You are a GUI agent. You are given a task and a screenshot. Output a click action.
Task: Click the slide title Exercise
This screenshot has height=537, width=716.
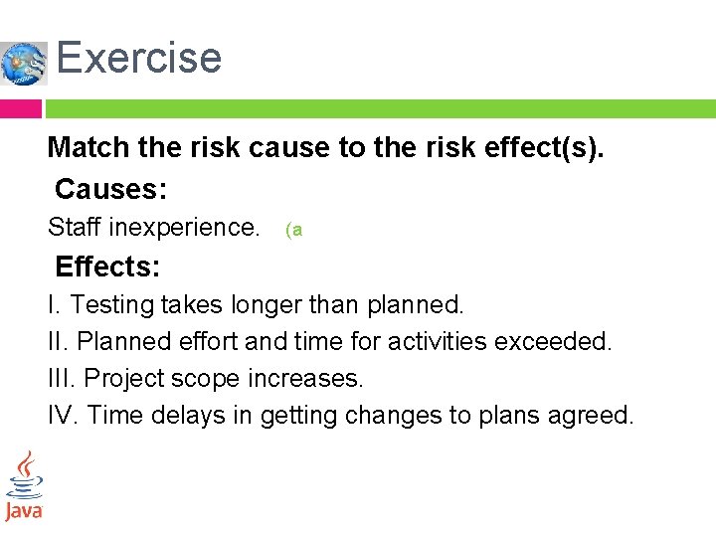click(138, 58)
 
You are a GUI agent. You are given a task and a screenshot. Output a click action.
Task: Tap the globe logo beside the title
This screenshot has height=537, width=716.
click(24, 64)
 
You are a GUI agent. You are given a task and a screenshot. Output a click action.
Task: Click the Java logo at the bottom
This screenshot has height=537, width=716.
click(24, 486)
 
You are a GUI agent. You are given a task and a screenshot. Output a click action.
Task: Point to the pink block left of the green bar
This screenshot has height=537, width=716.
click(20, 108)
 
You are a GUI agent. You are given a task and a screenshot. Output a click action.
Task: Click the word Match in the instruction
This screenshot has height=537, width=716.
click(89, 148)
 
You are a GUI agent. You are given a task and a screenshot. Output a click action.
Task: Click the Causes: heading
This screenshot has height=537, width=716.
click(110, 188)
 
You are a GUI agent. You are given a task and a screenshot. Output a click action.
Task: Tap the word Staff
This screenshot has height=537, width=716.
click(74, 228)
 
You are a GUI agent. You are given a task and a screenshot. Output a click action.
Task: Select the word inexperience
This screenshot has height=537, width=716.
click(184, 228)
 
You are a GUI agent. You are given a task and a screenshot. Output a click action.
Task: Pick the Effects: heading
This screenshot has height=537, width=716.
click(108, 267)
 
